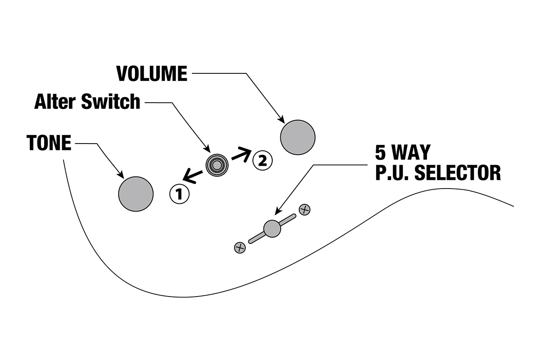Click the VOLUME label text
pyautogui.click(x=152, y=74)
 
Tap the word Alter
pyautogui.click(x=56, y=102)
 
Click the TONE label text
pyautogui.click(x=49, y=143)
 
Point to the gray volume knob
pyautogui.click(x=297, y=137)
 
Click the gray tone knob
pyautogui.click(x=135, y=194)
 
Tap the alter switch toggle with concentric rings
pyautogui.click(x=217, y=165)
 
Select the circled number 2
pyautogui.click(x=262, y=160)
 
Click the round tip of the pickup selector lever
pyautogui.click(x=272, y=229)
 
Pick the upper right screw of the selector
pyautogui.click(x=305, y=209)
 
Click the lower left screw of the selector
pyautogui.click(x=240, y=247)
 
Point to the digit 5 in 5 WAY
pyautogui.click(x=381, y=153)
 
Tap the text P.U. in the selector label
pyautogui.click(x=392, y=172)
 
